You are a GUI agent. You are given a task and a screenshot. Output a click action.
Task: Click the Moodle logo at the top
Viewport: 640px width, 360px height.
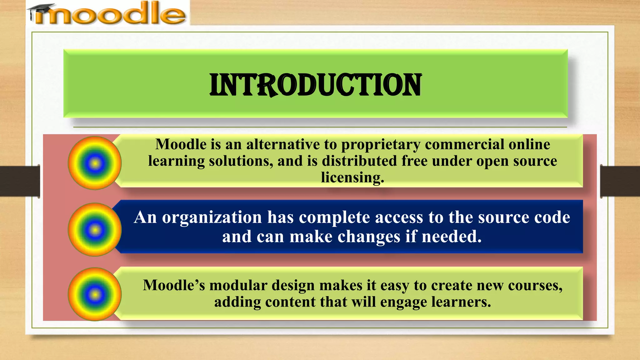coord(108,13)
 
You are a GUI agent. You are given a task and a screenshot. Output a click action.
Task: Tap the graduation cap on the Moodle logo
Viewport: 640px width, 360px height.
coord(41,9)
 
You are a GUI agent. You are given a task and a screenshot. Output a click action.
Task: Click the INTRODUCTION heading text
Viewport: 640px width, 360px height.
coord(316,85)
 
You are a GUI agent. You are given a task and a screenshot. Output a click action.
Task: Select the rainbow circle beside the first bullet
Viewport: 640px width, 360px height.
coord(95,163)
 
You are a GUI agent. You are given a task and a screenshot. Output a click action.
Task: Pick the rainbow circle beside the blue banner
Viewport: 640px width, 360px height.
coord(95,230)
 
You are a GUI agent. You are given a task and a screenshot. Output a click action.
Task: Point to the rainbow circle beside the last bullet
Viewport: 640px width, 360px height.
coord(95,294)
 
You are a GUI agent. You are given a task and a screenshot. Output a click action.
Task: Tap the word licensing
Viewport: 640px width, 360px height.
coord(352,177)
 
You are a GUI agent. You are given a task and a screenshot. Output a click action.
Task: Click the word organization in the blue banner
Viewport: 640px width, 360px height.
coord(212,217)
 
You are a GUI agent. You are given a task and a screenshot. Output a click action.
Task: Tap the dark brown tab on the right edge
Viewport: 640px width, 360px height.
coord(620,181)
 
